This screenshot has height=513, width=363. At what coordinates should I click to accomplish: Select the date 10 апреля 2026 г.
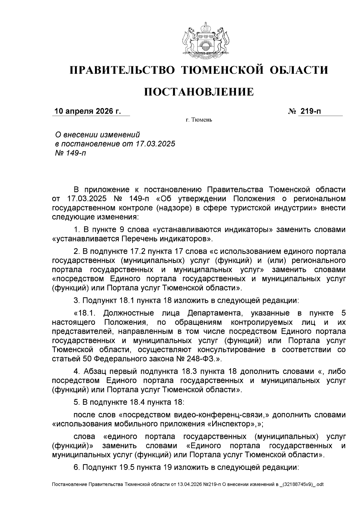(87, 111)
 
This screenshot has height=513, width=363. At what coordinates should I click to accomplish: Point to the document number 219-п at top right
(310, 111)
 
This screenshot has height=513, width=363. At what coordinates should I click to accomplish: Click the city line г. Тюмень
(199, 120)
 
